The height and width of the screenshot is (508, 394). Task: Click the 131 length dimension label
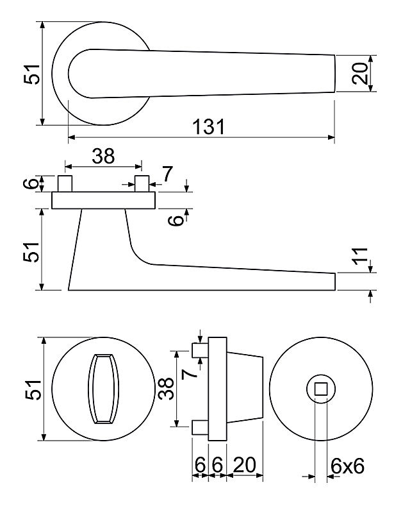(208, 126)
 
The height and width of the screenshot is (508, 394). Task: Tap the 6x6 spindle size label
(347, 466)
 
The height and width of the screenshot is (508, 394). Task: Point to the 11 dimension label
(360, 256)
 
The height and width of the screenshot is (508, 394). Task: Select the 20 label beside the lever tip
(360, 74)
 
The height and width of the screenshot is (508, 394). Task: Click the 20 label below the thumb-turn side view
(244, 465)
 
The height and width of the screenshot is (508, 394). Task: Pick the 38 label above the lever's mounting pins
(103, 156)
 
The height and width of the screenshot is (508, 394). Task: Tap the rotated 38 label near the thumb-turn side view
(167, 389)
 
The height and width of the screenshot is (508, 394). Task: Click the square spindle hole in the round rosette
(321, 389)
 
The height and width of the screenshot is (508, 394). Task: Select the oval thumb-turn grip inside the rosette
(103, 389)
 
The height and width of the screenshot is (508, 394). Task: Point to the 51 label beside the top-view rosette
(31, 74)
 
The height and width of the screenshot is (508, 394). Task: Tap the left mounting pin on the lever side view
(65, 183)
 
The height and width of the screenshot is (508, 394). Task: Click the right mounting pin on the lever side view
(142, 183)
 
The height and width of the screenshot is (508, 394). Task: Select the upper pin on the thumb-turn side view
(201, 350)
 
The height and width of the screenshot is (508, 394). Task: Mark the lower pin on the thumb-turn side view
(201, 427)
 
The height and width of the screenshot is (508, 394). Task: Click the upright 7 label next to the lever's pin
(168, 174)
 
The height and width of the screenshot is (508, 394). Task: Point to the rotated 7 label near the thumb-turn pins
(189, 374)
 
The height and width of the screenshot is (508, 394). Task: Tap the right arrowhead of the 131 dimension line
(331, 137)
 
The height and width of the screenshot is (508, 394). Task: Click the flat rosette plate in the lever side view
(104, 200)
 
